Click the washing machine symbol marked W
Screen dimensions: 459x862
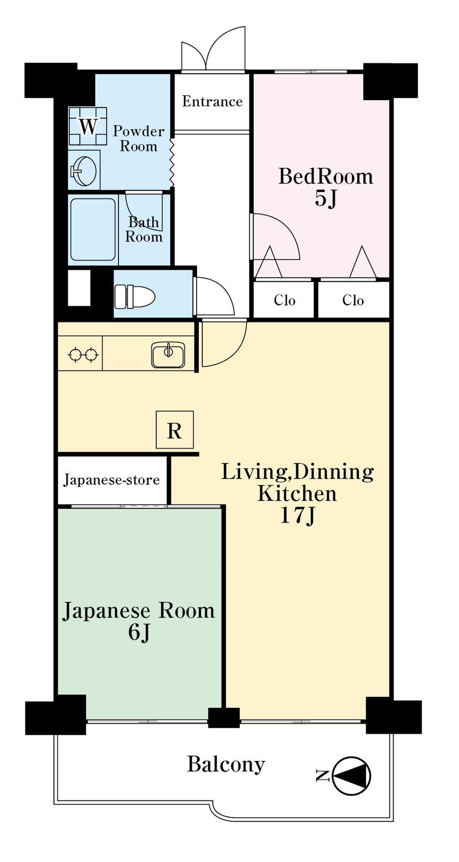(x=87, y=126)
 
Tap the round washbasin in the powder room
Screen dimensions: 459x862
(x=83, y=171)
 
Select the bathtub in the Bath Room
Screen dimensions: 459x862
(x=93, y=229)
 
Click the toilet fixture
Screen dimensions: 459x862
(x=134, y=297)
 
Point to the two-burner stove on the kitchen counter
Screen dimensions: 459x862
(x=83, y=355)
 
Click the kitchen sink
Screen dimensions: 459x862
(x=168, y=355)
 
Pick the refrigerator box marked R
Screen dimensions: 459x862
(x=175, y=430)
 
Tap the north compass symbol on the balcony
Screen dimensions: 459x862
(x=352, y=775)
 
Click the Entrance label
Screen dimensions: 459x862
(x=212, y=101)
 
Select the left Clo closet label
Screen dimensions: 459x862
(x=284, y=300)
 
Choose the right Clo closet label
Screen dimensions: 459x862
(x=353, y=300)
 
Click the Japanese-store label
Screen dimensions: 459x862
(x=111, y=480)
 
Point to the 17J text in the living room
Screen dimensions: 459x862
(x=297, y=515)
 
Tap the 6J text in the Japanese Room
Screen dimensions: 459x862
(x=139, y=633)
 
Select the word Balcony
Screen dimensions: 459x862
(x=226, y=764)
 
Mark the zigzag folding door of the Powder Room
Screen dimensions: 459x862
(x=171, y=162)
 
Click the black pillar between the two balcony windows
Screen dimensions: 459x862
(x=223, y=717)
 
